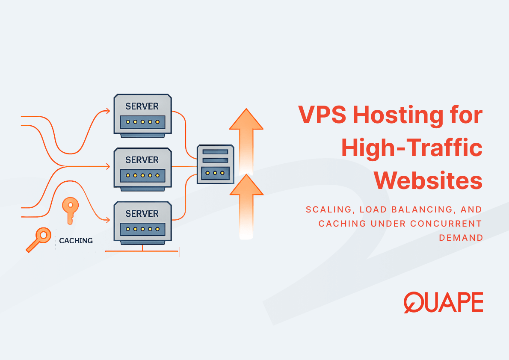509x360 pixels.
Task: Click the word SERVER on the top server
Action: tap(142, 106)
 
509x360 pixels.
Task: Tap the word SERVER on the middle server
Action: tap(142, 160)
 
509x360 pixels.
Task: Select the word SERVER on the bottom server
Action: tap(142, 213)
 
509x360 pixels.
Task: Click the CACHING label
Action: tap(76, 241)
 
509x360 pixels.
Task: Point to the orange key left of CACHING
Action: tap(38, 239)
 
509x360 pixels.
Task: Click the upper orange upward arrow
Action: tap(246, 137)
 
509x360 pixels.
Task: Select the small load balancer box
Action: tap(215, 164)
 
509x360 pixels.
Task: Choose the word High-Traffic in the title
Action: tap(411, 148)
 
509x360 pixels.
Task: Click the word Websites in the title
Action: tap(429, 180)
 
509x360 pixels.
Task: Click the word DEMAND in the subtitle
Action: tap(461, 237)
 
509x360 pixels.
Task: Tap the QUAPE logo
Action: tap(443, 302)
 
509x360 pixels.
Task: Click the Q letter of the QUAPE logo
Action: tap(413, 302)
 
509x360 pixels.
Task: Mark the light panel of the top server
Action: tap(142, 122)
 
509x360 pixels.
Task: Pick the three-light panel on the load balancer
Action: tap(215, 173)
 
